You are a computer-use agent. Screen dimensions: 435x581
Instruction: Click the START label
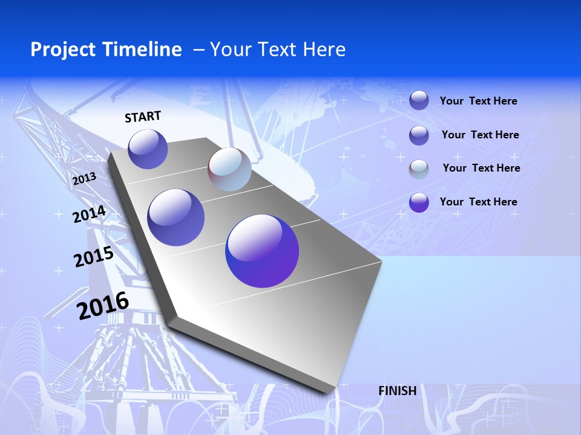click(x=143, y=117)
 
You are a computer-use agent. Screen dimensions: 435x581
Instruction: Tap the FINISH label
click(x=397, y=391)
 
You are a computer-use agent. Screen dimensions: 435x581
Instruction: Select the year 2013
click(x=84, y=178)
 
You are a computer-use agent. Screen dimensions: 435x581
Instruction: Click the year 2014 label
click(x=90, y=214)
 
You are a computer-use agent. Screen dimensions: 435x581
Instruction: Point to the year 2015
click(x=94, y=257)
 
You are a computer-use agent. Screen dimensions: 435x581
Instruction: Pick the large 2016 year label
click(x=103, y=305)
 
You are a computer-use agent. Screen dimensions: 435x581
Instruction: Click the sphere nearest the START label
click(x=148, y=149)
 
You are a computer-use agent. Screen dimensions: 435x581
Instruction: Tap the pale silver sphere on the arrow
click(x=229, y=169)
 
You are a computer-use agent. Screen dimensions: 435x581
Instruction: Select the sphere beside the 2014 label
click(x=176, y=217)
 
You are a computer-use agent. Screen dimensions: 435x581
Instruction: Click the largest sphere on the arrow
click(x=262, y=251)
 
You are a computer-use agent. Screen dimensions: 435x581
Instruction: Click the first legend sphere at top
click(x=419, y=100)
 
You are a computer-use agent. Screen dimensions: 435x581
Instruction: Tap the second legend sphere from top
click(x=419, y=135)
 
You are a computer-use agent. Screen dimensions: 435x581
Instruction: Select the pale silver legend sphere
click(x=419, y=169)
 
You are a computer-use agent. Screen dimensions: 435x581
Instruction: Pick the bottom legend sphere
click(x=419, y=202)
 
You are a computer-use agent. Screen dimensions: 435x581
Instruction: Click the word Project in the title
click(x=63, y=50)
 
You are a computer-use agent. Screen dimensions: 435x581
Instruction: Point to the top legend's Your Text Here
click(x=478, y=101)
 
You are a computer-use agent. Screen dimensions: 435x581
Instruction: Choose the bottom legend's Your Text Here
click(x=478, y=202)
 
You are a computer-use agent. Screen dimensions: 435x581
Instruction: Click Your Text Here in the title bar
click(x=278, y=50)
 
